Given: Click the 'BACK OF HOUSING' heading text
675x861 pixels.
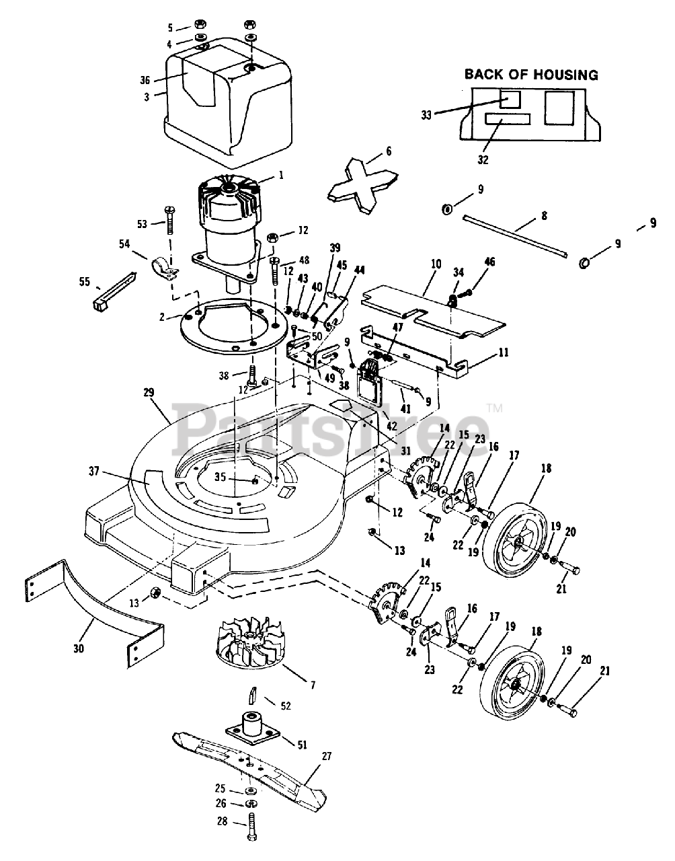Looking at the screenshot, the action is [531, 75].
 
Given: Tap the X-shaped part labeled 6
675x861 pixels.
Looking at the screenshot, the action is [362, 186].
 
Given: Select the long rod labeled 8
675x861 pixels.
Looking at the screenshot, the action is [516, 235].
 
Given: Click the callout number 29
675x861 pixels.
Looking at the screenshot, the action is [149, 393].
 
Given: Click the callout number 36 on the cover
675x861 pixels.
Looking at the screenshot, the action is [145, 80].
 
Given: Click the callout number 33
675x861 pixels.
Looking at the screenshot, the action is [426, 116].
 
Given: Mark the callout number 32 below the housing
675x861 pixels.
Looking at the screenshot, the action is [483, 160].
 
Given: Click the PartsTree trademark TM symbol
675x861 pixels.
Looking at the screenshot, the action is [494, 407].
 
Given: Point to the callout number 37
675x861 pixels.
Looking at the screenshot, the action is [94, 472].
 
